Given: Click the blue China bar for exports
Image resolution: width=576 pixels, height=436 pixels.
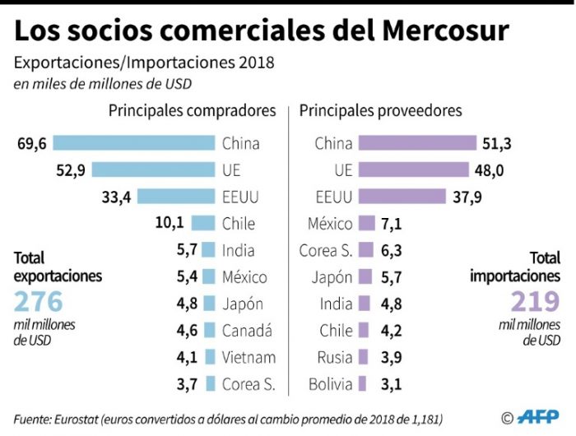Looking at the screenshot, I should click(133, 143).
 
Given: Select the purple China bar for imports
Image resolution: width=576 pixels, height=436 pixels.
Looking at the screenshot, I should click(417, 143).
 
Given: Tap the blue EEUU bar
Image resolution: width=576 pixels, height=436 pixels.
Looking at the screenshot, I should click(176, 197).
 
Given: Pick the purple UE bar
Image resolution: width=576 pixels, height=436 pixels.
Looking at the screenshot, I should click(411, 169).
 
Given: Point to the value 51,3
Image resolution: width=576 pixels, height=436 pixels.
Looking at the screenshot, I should click(497, 143).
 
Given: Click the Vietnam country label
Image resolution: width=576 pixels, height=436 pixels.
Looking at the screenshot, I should click(249, 357).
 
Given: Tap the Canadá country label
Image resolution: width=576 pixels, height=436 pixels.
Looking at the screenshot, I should click(248, 331).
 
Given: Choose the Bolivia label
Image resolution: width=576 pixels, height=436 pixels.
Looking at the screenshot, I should click(331, 384).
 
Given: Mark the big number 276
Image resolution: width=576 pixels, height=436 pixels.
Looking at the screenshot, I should click(39, 301).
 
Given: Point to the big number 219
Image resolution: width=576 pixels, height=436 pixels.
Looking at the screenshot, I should click(535, 301).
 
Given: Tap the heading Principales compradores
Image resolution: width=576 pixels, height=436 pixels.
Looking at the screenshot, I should click(193, 110).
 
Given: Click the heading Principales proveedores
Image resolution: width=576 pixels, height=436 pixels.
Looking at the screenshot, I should click(380, 110).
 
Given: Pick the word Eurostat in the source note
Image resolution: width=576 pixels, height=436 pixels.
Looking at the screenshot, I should click(79, 418).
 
